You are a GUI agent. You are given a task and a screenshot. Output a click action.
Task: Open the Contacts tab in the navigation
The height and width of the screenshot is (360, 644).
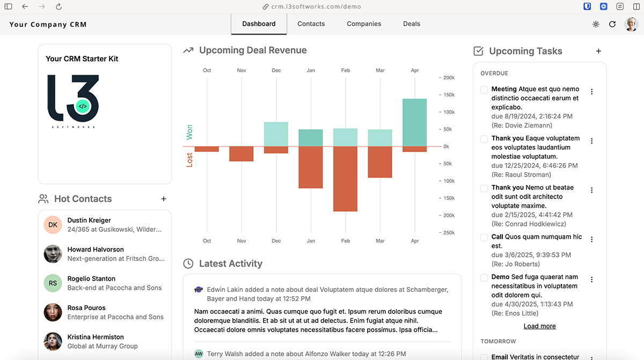click(311, 24)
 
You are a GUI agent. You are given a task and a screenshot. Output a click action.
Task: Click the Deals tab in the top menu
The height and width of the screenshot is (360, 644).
click(412, 24)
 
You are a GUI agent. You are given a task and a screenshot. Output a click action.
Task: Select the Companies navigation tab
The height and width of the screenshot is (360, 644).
click(364, 24)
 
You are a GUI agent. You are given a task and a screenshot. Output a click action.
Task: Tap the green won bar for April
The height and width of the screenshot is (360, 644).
click(414, 122)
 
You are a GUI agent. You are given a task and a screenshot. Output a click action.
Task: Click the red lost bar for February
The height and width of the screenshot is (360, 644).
click(345, 179)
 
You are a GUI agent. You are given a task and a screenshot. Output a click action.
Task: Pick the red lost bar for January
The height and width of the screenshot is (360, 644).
click(311, 167)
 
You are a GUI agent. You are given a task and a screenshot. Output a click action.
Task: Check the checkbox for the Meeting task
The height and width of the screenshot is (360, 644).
click(484, 90)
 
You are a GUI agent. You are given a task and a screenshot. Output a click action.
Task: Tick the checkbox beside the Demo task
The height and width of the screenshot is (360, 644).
click(484, 277)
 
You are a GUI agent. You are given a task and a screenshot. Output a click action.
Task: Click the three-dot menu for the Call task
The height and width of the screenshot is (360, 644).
click(592, 239)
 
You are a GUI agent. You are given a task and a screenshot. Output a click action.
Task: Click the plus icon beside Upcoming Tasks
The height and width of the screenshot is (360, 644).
click(598, 51)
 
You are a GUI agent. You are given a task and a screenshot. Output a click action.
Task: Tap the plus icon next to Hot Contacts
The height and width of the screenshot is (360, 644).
click(164, 199)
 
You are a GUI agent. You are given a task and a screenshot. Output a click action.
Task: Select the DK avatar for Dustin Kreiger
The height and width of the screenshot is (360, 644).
click(53, 225)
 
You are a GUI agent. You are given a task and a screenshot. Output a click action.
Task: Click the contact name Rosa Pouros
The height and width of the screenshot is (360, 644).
click(86, 308)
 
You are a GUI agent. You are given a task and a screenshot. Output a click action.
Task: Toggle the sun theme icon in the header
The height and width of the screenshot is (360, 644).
click(596, 24)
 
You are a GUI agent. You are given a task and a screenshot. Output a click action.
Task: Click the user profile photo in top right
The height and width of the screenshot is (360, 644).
click(631, 24)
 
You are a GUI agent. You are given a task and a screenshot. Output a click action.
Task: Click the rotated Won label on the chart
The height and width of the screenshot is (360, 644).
click(189, 133)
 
